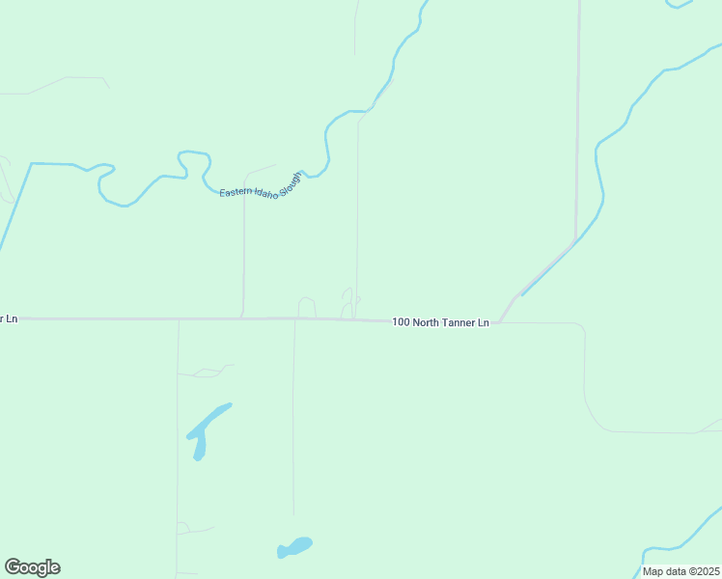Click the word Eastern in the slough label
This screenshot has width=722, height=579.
[235, 192]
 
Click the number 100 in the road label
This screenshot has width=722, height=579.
[402, 322]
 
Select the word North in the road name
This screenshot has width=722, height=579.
[429, 322]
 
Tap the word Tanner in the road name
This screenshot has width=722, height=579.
[459, 322]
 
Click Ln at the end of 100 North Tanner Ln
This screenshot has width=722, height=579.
[484, 322]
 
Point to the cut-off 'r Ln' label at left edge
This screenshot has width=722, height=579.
[9, 318]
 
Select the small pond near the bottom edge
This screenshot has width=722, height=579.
[295, 546]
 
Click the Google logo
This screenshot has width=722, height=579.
[32, 567]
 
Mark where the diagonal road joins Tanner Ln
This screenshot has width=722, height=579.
[499, 322]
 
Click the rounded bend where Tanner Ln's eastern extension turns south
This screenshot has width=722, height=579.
[581, 328]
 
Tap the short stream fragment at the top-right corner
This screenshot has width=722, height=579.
[680, 5]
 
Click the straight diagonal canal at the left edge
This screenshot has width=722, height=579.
[14, 208]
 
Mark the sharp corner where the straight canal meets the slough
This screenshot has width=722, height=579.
[31, 164]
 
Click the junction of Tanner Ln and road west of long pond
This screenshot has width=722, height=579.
[179, 318]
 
